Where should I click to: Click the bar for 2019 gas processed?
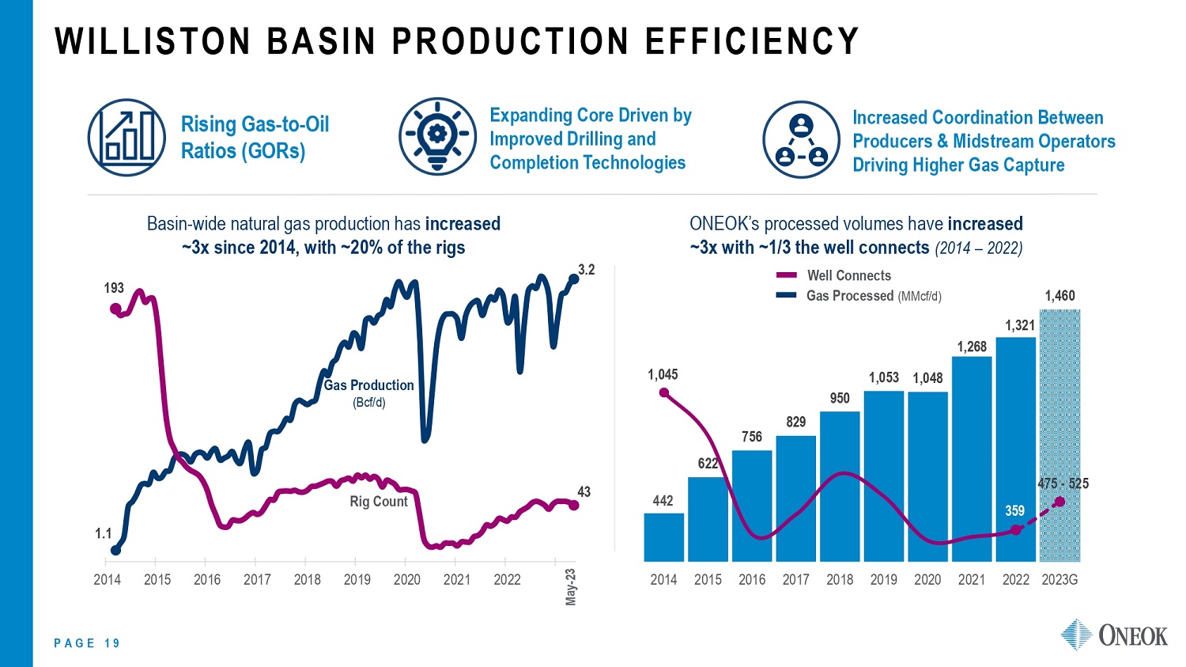pyautogui.click(x=883, y=475)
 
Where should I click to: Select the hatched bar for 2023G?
pyautogui.click(x=1059, y=435)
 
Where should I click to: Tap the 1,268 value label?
pyautogui.click(x=972, y=347)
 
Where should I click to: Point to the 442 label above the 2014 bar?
pyautogui.click(x=663, y=501)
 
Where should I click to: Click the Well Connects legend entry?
pyautogui.click(x=848, y=275)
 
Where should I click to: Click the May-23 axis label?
pyautogui.click(x=571, y=587)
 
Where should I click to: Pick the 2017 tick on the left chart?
pyautogui.click(x=257, y=580)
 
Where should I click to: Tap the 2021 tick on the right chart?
pyautogui.click(x=972, y=580)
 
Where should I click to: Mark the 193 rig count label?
pyautogui.click(x=114, y=289)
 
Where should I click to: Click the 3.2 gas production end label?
pyautogui.click(x=586, y=270)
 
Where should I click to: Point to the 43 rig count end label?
pyautogui.click(x=584, y=492)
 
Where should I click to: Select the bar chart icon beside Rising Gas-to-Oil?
pyautogui.click(x=127, y=138)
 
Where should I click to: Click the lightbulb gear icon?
pyautogui.click(x=437, y=136)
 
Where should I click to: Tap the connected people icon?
pyautogui.click(x=800, y=139)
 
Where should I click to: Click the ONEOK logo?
pyautogui.click(x=1114, y=635)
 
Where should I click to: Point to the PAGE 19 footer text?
pyautogui.click(x=87, y=643)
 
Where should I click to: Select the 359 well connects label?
pyautogui.click(x=1014, y=511)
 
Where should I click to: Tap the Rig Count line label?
pyautogui.click(x=379, y=502)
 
